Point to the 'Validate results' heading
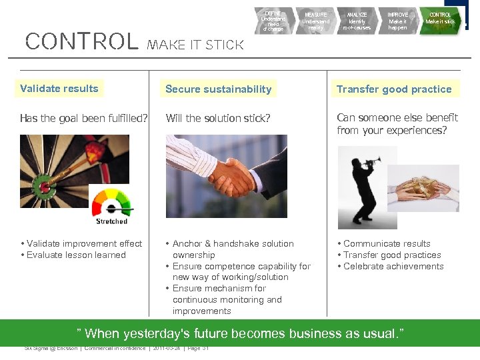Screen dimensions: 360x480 click(59, 89)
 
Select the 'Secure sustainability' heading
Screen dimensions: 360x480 click(218, 89)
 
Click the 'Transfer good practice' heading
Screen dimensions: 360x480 click(394, 89)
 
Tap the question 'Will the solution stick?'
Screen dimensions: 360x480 click(218, 119)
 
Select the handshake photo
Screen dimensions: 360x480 click(226, 175)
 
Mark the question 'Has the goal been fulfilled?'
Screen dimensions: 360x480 click(84, 119)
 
